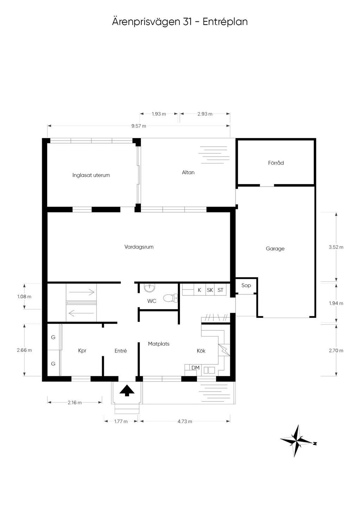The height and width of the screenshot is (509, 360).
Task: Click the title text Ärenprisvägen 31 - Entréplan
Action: pos(180,22)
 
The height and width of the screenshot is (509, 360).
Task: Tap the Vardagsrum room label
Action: pos(139,247)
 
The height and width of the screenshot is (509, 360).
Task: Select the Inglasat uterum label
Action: pos(91,175)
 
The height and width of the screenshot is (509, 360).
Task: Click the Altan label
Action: pos(188,172)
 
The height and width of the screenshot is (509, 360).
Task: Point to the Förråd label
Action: pos(276,163)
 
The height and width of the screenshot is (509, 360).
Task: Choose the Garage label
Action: pos(275,249)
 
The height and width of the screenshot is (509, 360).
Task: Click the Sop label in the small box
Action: pos(246,285)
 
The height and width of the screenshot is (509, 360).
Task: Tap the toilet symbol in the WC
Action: pos(170,298)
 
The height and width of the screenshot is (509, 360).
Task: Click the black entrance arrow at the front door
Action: pos(127,390)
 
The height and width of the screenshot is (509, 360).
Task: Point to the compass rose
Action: pos(297,441)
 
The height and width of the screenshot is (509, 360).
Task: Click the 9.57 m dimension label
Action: pos(139,126)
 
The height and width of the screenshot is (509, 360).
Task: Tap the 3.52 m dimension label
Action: pos(336,247)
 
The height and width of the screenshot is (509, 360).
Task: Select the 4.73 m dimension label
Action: pos(185,422)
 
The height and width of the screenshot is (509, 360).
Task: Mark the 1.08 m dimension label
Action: pos(24,296)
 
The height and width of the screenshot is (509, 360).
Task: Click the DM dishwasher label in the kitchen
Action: pos(195,368)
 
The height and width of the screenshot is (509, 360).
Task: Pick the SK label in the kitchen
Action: pos(210,290)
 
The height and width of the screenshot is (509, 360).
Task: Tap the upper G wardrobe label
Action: pos(53,337)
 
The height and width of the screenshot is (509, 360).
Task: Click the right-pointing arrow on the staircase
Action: pos(82,292)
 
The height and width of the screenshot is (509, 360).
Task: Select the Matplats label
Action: pos(159,344)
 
